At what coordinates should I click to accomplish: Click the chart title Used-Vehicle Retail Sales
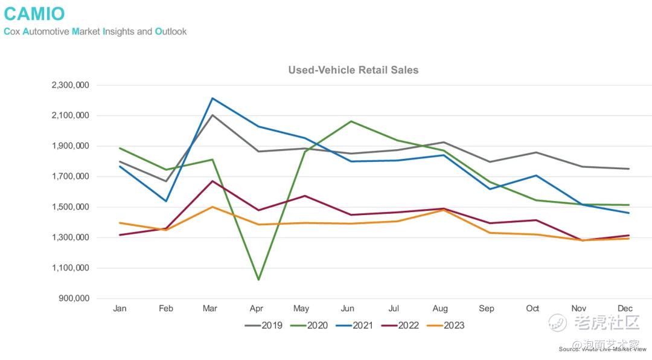353,70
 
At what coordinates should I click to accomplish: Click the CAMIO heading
34,13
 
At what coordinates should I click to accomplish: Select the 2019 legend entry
261,326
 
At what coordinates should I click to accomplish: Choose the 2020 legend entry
310,326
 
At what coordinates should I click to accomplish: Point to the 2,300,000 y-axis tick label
71,85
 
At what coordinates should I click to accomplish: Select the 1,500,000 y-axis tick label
71,207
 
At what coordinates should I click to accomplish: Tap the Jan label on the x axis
120,309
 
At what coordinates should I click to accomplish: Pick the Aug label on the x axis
441,309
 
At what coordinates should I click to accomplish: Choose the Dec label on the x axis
625,309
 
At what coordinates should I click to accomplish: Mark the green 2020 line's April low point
258,280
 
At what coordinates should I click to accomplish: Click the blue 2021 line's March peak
213,98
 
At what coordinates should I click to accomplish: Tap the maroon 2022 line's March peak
212,181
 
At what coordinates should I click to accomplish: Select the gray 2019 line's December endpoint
629,169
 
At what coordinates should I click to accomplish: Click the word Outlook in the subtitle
171,31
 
